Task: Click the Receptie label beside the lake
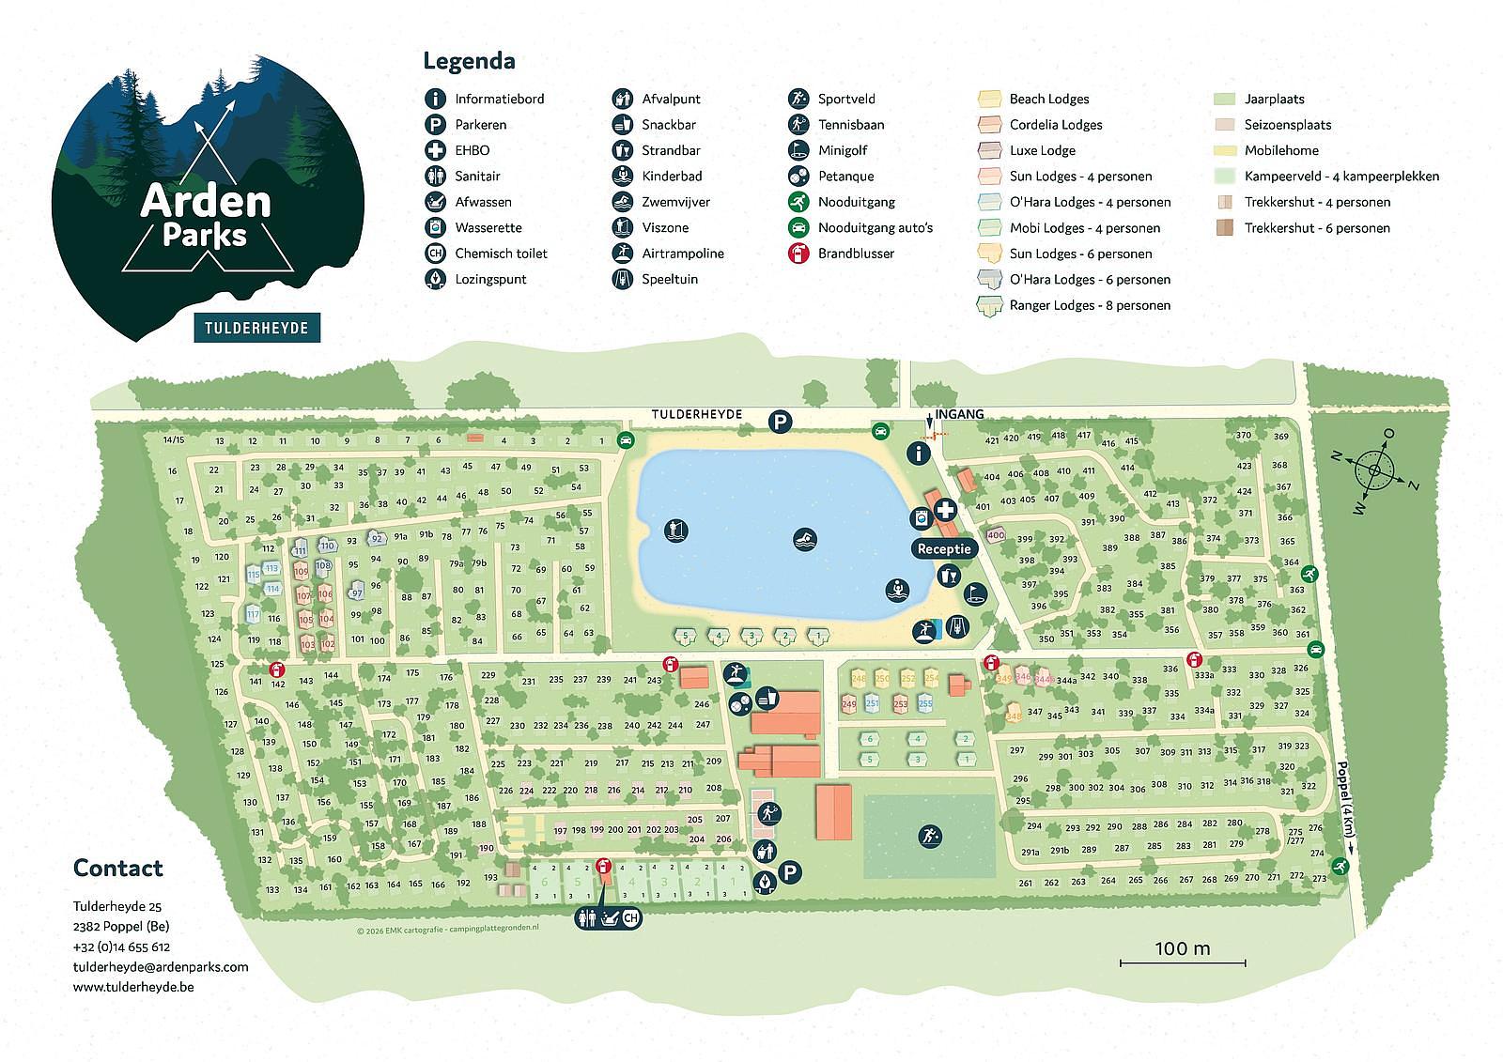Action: tap(946, 548)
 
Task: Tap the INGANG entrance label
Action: tap(959, 414)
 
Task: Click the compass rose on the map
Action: tap(1374, 469)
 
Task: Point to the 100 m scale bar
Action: tap(1183, 961)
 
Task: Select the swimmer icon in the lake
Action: tap(805, 540)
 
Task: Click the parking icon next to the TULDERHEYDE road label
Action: tap(780, 423)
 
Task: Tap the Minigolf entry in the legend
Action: tap(842, 150)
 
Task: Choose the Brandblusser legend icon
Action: tap(799, 254)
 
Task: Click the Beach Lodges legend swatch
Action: tap(989, 99)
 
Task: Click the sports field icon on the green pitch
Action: tap(929, 836)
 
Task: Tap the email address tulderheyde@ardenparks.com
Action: tap(161, 966)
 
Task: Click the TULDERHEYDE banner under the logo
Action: tap(256, 327)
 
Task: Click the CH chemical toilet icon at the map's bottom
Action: tap(630, 919)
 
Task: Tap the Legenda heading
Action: tap(469, 61)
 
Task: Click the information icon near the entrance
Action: tap(919, 454)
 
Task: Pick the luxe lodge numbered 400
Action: tap(995, 535)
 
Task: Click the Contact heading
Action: tap(118, 868)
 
